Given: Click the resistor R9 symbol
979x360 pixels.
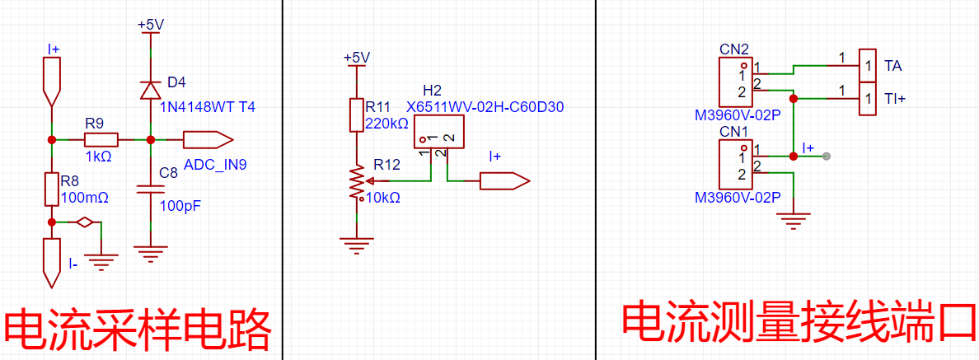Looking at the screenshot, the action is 101,140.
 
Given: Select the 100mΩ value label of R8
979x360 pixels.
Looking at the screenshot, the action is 87,199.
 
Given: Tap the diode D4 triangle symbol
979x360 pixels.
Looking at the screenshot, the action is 150,91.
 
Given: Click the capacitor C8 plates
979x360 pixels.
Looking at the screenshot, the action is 150,189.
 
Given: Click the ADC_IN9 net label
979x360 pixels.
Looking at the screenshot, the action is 215,165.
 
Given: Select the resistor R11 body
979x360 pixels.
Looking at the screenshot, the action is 356,115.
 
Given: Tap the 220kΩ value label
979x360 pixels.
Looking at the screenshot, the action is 387,124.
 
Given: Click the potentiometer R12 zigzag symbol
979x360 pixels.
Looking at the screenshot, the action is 357,181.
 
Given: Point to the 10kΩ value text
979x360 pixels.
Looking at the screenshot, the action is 382,199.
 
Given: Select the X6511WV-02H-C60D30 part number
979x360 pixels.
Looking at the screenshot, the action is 485,107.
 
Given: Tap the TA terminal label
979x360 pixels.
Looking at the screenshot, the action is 892,65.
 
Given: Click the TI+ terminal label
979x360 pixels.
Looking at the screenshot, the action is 895,99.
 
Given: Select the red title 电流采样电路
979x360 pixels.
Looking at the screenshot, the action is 138,328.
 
